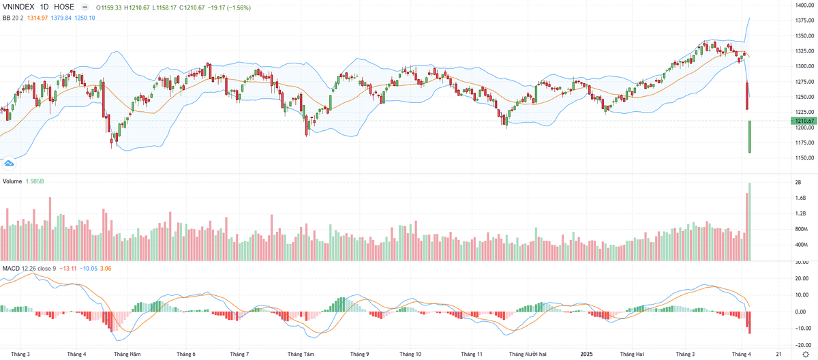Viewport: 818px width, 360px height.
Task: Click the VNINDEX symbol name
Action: (x=18, y=7)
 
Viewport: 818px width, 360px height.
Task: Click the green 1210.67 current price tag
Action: (x=802, y=121)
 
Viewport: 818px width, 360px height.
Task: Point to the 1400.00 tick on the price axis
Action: (x=802, y=5)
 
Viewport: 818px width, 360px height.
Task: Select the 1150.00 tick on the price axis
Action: (x=802, y=158)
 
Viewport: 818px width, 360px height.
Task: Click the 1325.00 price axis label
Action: (x=802, y=51)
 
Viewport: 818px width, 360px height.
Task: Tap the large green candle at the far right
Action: (x=750, y=136)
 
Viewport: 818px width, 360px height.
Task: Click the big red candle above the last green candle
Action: (x=747, y=96)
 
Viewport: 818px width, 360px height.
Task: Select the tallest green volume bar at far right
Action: (x=750, y=222)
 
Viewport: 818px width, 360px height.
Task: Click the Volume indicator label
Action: (x=12, y=181)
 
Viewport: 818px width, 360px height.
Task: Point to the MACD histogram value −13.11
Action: (x=67, y=268)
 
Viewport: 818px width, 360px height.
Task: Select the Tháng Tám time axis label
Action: (x=301, y=355)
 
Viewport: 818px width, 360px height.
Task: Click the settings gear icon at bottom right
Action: (x=805, y=355)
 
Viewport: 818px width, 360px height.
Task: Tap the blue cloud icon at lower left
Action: (x=10, y=163)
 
